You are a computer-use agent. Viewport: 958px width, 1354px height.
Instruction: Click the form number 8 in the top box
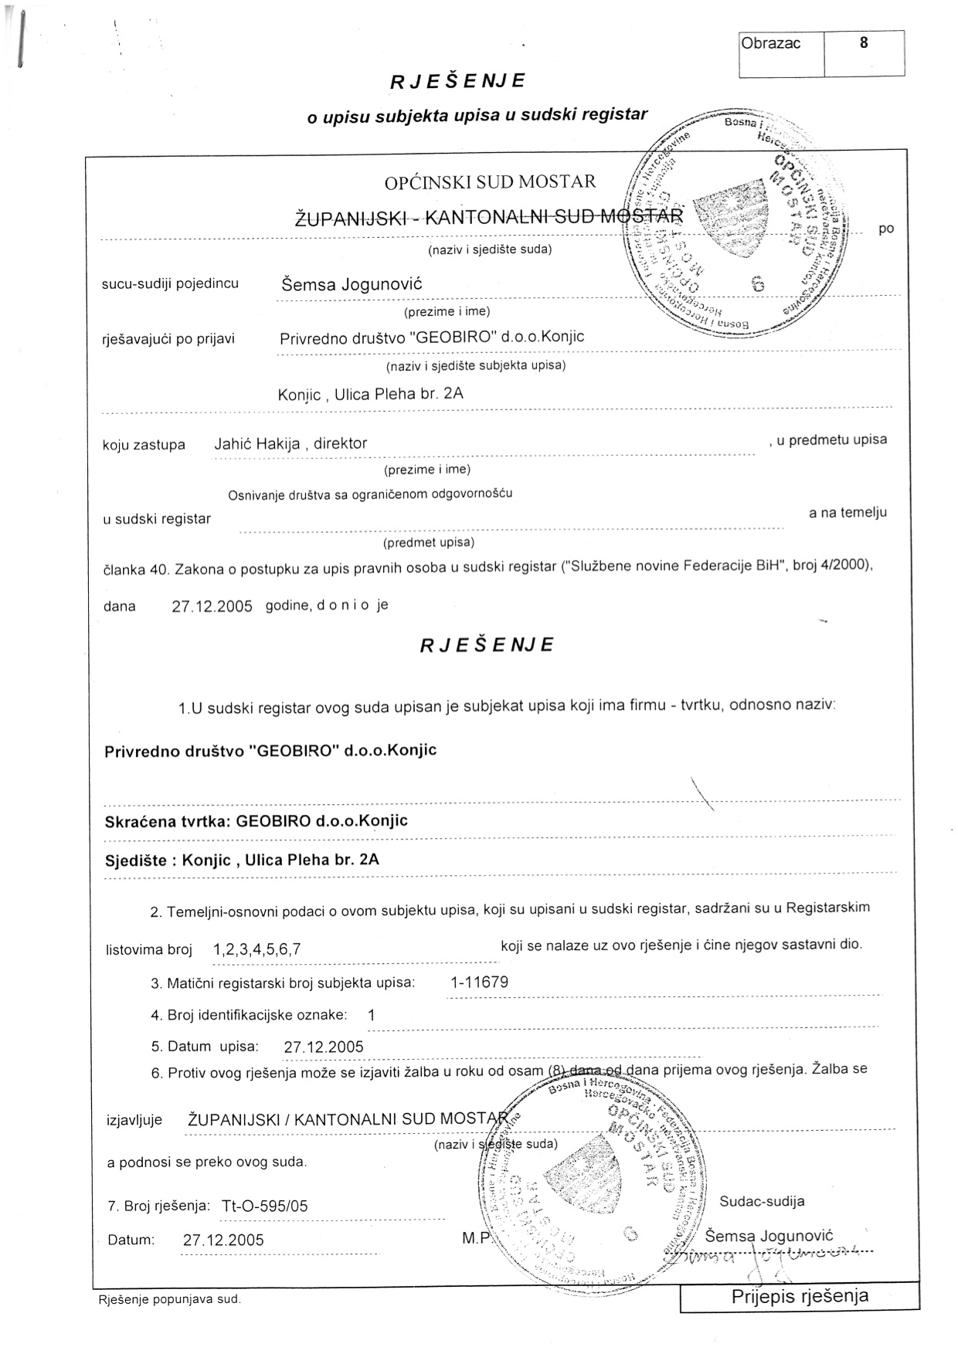[x=863, y=43]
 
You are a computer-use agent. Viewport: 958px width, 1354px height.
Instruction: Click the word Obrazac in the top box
[x=770, y=43]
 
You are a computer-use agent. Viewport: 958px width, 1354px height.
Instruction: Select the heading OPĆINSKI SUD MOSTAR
[x=490, y=182]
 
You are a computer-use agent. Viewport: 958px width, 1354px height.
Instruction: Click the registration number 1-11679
[x=479, y=982]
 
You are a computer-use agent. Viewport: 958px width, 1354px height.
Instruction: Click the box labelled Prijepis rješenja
[x=800, y=1296]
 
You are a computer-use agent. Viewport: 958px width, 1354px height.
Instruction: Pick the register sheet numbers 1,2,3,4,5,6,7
[x=256, y=950]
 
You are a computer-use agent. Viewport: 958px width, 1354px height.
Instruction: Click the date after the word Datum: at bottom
[x=223, y=1240]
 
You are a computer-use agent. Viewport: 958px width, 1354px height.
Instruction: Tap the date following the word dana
[x=212, y=606]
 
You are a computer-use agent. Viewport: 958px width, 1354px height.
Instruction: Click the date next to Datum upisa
[x=324, y=1047]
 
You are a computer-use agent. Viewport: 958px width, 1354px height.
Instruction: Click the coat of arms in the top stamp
[x=731, y=219]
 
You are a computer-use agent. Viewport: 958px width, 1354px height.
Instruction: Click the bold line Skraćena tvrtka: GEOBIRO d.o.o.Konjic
[x=256, y=821]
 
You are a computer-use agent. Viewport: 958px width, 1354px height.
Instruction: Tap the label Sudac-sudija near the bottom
[x=762, y=1201]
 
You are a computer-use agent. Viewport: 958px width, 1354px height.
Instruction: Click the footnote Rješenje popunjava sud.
[x=169, y=1300]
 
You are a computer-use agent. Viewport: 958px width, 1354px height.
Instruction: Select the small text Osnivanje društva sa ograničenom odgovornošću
[x=370, y=494]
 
